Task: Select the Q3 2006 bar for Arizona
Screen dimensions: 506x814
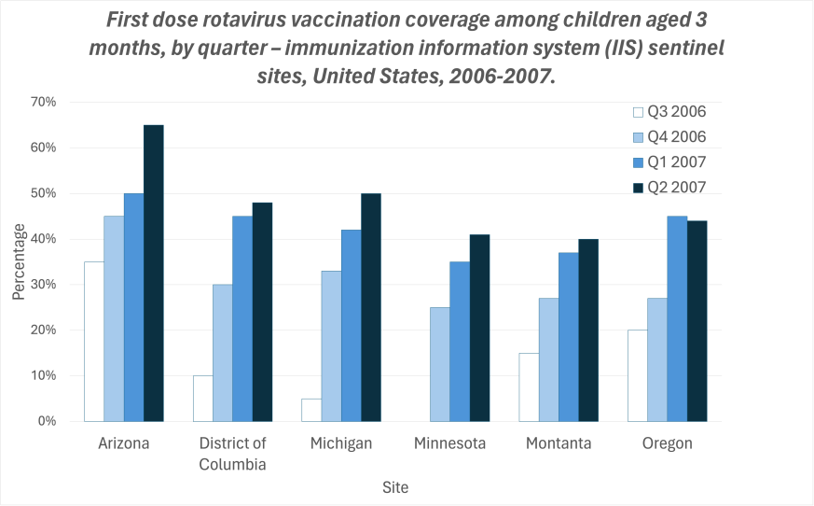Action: click(94, 342)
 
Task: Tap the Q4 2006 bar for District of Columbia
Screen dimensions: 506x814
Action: click(222, 353)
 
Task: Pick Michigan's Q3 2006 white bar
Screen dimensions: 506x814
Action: click(311, 410)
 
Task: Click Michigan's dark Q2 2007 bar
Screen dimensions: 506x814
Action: click(371, 307)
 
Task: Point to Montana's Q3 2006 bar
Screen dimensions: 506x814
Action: click(530, 387)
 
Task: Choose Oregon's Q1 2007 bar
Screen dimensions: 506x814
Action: click(677, 318)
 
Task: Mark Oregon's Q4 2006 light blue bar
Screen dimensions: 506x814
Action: click(657, 359)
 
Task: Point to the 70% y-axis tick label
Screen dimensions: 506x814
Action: click(44, 102)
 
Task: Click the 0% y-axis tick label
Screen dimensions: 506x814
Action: click(48, 422)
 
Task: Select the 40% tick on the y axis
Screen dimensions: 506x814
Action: click(44, 239)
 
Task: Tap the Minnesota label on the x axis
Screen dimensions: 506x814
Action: click(449, 443)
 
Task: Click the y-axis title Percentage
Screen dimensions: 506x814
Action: click(19, 261)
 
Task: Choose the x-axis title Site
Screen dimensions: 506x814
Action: click(394, 487)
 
